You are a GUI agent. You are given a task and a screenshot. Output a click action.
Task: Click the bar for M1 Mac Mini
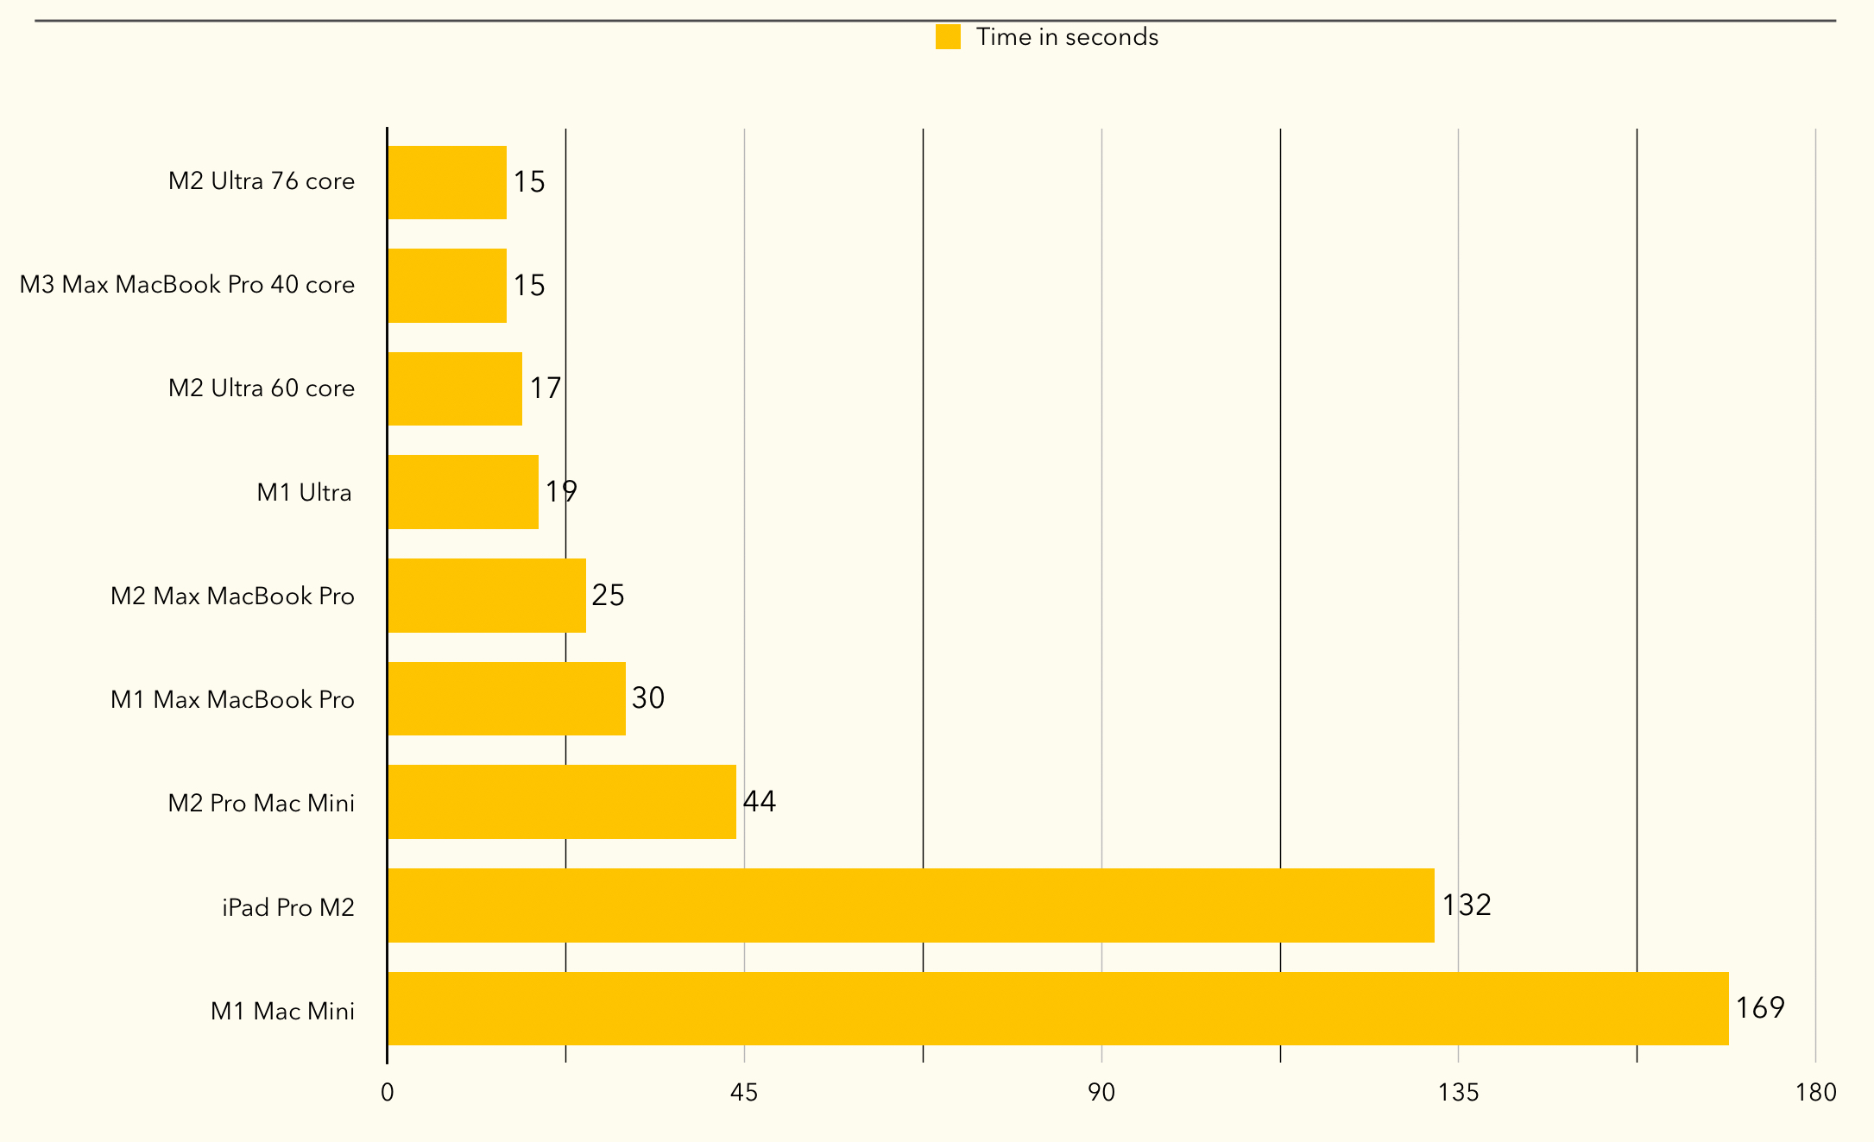[1057, 1008]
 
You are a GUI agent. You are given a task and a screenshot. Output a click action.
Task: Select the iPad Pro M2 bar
[911, 905]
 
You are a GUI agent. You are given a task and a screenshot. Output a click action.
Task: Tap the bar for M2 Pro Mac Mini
[561, 801]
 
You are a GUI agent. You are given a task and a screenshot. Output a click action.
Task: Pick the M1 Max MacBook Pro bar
[506, 698]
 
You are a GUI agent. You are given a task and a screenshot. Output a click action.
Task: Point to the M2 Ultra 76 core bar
[446, 182]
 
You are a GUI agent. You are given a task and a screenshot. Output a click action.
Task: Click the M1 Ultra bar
[463, 492]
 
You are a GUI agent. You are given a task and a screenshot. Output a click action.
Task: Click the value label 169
[1759, 1007]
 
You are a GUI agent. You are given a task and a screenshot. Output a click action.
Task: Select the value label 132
[1467, 905]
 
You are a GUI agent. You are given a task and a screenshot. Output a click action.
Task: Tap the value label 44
[760, 801]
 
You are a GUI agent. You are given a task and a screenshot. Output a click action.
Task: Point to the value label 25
[608, 595]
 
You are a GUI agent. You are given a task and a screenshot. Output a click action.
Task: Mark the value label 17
[546, 388]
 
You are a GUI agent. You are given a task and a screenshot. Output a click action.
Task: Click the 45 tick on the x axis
[744, 1093]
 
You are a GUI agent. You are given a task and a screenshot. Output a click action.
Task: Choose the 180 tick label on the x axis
[1815, 1093]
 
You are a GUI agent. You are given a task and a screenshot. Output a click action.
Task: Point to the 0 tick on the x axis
[388, 1093]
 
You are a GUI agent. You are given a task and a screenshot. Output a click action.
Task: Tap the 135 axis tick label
[1458, 1093]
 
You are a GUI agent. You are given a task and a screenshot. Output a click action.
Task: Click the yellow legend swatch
[948, 37]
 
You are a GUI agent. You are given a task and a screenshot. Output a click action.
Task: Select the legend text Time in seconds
[1067, 37]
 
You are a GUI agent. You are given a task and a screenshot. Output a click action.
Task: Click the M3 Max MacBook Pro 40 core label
[187, 285]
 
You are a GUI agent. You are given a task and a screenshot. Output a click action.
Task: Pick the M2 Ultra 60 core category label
[262, 388]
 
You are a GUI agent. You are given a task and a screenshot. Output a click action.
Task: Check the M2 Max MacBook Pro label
[232, 596]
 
